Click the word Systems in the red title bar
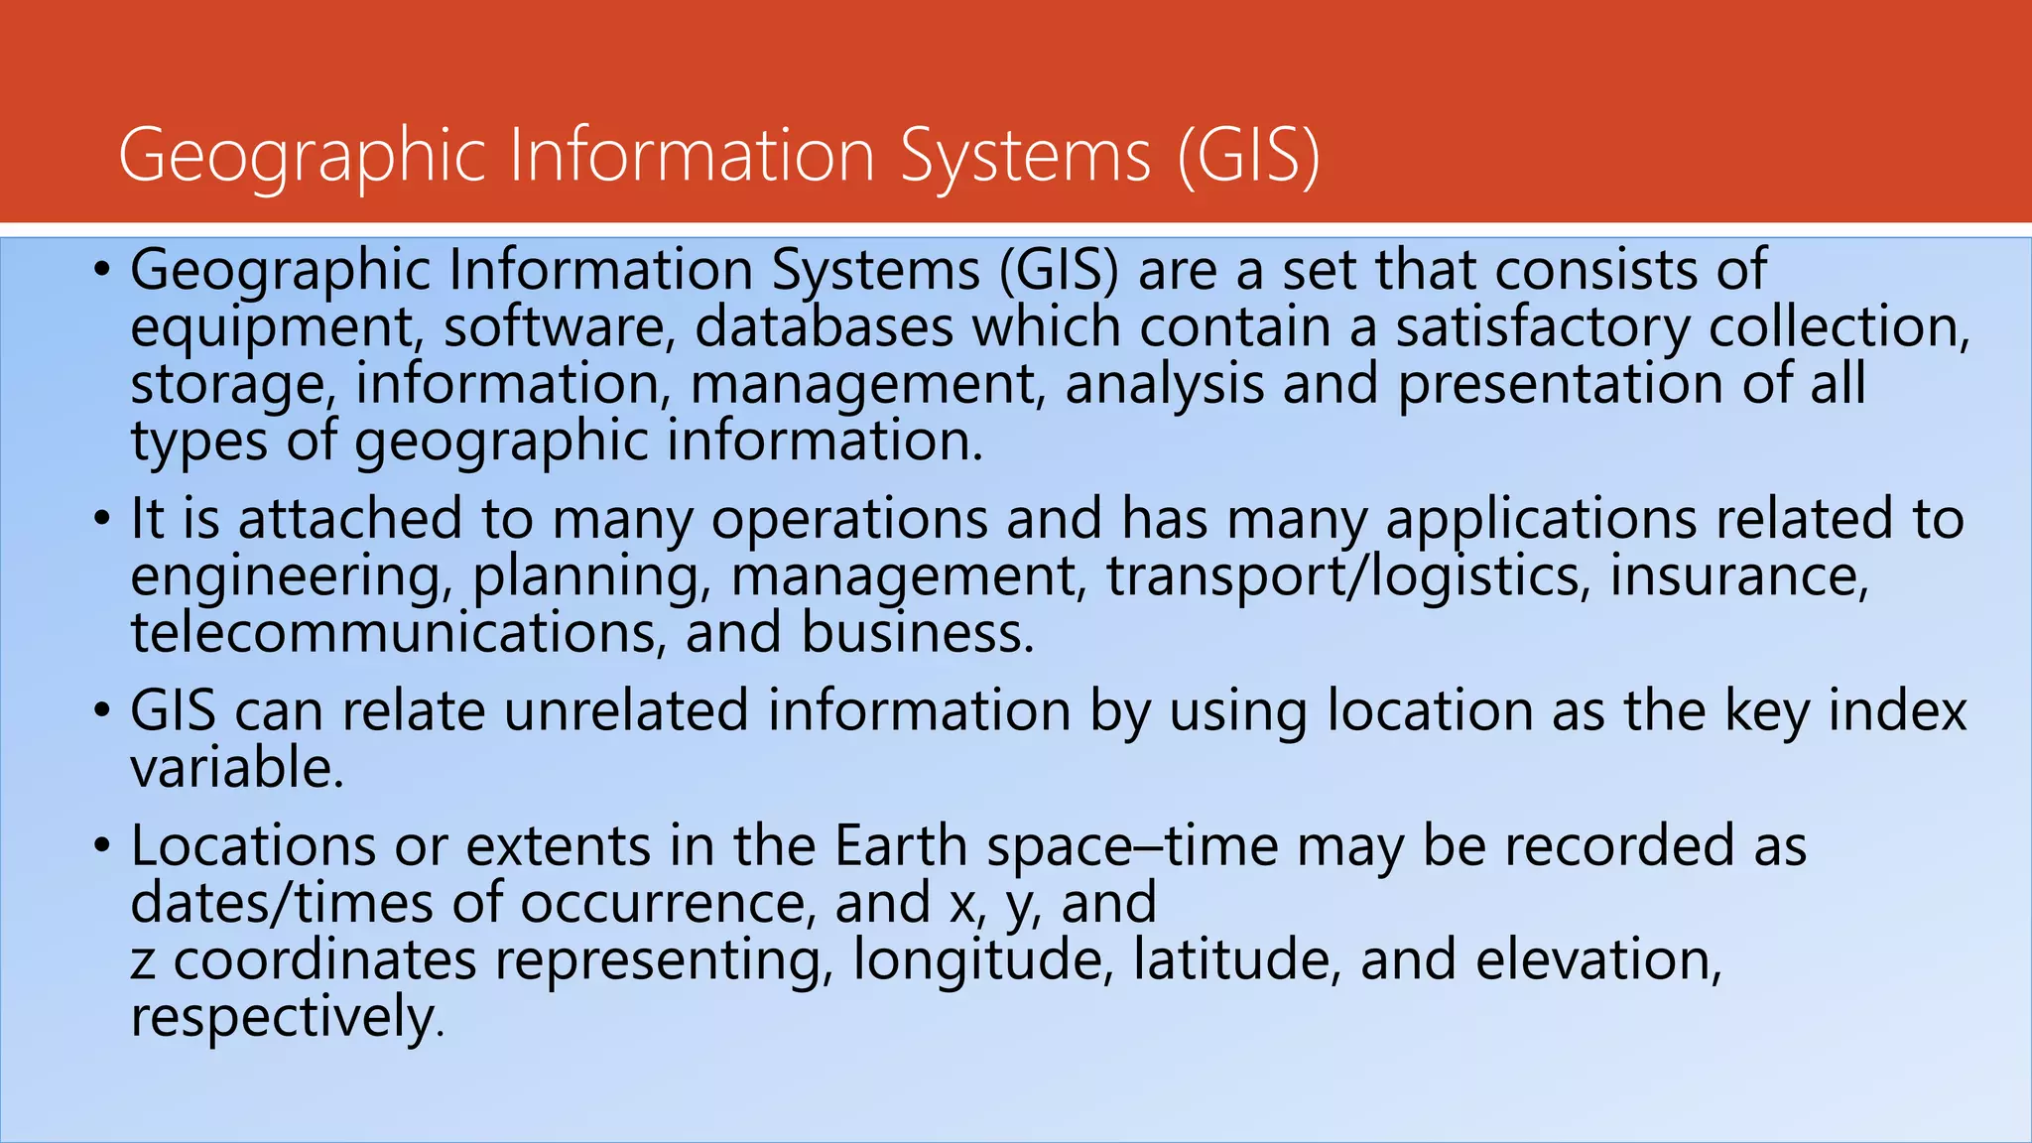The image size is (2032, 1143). click(1026, 157)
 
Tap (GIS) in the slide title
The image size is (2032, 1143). click(1248, 157)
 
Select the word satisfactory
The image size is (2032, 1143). click(1543, 327)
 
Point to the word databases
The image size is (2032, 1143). click(824, 327)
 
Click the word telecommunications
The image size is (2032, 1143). click(393, 633)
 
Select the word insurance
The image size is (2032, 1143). click(1737, 576)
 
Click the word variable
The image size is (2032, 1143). click(237, 768)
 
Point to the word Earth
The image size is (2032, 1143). click(901, 846)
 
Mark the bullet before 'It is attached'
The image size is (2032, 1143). click(103, 519)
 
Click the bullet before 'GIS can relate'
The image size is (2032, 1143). click(103, 711)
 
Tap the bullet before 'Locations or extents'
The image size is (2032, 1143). click(103, 846)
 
